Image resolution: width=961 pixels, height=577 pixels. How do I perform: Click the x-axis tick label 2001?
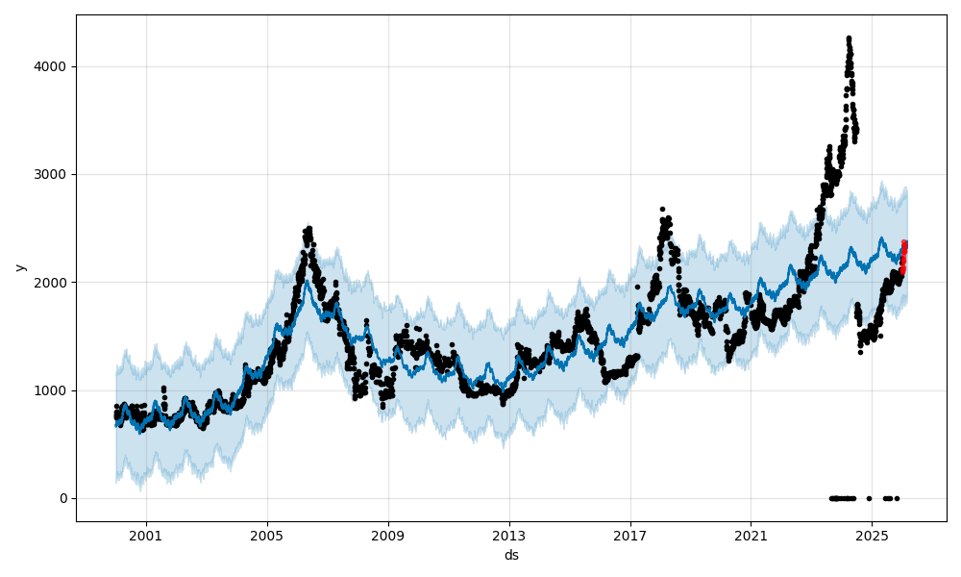pos(146,535)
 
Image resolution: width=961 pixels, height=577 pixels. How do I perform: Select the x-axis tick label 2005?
pos(267,535)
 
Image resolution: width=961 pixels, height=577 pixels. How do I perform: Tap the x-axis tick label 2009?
pos(388,535)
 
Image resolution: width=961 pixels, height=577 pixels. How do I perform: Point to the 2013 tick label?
pos(509,535)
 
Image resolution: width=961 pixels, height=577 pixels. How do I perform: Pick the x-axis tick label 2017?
pos(630,535)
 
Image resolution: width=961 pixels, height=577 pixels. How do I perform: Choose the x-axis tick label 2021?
pos(751,535)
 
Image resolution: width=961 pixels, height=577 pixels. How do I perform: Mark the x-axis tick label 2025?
pos(872,535)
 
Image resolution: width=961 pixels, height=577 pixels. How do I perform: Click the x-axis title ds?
pos(511,555)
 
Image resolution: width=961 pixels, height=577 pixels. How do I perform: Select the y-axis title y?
pos(18,267)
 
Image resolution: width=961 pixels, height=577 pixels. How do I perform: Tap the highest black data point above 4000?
pos(849,38)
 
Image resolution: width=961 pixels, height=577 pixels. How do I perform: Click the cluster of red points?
pos(903,258)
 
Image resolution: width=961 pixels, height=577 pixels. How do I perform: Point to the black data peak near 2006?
pos(308,229)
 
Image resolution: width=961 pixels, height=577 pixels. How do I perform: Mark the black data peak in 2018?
pos(662,209)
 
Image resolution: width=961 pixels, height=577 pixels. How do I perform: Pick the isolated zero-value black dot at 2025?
pos(869,498)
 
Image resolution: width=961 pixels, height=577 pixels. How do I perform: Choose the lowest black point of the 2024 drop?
pos(860,352)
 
